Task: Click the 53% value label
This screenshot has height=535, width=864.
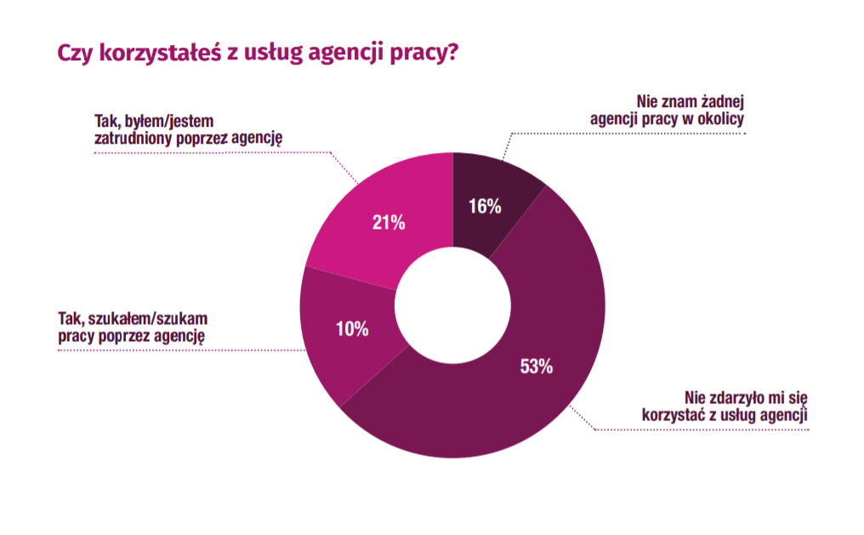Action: click(536, 367)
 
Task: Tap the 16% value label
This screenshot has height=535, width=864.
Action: click(485, 206)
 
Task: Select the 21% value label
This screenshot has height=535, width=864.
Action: click(389, 223)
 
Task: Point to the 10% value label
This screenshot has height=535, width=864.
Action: click(351, 328)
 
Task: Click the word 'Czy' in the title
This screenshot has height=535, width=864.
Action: click(73, 53)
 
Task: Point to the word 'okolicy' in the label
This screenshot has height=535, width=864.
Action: click(719, 118)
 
